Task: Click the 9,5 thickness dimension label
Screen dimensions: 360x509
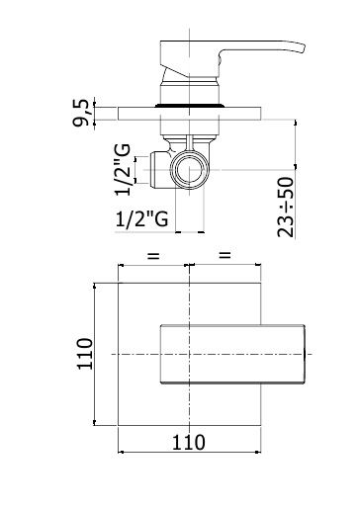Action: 81,113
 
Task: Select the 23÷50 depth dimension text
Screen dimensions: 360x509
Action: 286,208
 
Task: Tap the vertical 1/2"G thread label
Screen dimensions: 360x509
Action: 123,170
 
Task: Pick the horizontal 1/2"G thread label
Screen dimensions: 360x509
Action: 142,218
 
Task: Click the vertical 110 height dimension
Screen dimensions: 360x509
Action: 85,354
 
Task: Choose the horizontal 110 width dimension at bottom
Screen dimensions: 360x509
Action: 189,443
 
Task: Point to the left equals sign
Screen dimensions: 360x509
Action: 153,256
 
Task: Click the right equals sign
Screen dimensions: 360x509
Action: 225,254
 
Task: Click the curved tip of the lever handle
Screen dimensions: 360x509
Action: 302,48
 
